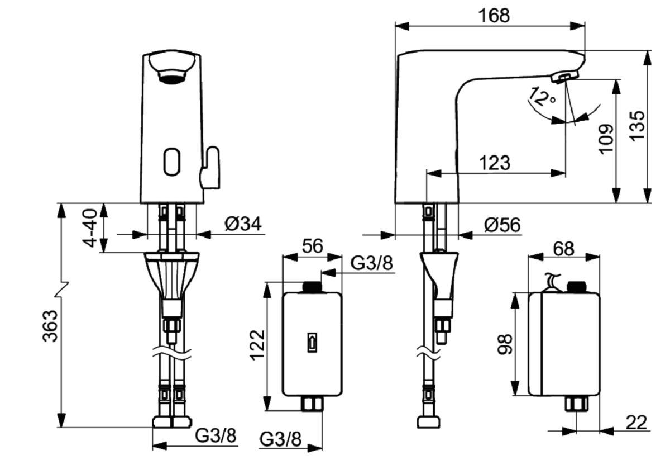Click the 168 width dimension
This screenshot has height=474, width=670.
494,15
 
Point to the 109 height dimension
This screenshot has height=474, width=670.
606,138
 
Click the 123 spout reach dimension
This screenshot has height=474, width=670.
495,163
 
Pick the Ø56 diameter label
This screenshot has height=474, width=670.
502,225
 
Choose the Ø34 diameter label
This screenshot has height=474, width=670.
243,224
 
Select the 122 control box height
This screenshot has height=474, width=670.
257,345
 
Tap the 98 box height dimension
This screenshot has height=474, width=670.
504,345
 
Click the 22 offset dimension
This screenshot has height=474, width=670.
636,423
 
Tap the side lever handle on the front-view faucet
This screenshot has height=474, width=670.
210,167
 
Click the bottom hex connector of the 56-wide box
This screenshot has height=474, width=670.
312,403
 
